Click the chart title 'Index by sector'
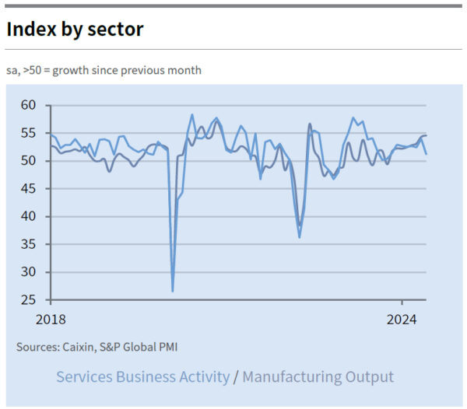pyautogui.click(x=75, y=30)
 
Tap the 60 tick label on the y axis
pyautogui.click(x=29, y=105)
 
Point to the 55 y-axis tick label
pyautogui.click(x=29, y=133)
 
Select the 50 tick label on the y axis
pyautogui.click(x=29, y=161)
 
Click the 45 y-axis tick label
pyautogui.click(x=29, y=188)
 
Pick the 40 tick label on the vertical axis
pyautogui.click(x=29, y=216)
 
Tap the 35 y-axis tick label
pyautogui.click(x=29, y=244)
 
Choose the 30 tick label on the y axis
pyautogui.click(x=29, y=272)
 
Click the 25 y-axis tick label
pyautogui.click(x=29, y=299)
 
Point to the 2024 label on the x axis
pyautogui.click(x=403, y=320)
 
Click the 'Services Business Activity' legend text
pyautogui.click(x=142, y=377)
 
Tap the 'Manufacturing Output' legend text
pyautogui.click(x=318, y=377)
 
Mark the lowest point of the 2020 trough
pyautogui.click(x=172, y=292)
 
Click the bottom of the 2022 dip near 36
pyautogui.click(x=300, y=237)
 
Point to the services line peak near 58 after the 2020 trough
pyautogui.click(x=191, y=115)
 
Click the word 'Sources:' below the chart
pyautogui.click(x=38, y=347)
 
